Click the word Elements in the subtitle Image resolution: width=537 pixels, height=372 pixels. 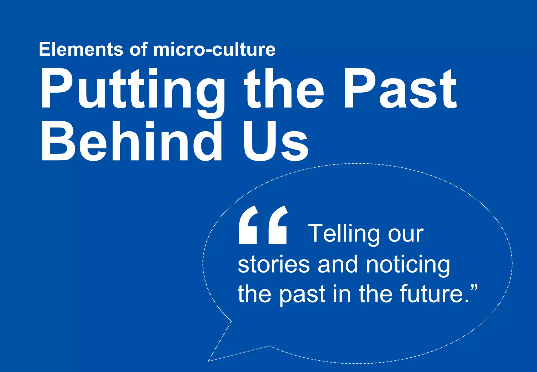pyautogui.click(x=81, y=49)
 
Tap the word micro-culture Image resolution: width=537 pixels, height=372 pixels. pyautogui.click(x=214, y=49)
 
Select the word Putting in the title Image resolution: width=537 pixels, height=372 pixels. pyautogui.click(x=132, y=89)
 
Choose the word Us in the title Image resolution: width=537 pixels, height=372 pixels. pyautogui.click(x=275, y=142)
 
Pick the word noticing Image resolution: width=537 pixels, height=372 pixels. pyautogui.click(x=408, y=265)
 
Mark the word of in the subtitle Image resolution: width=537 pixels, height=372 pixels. pyautogui.click(x=138, y=49)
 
